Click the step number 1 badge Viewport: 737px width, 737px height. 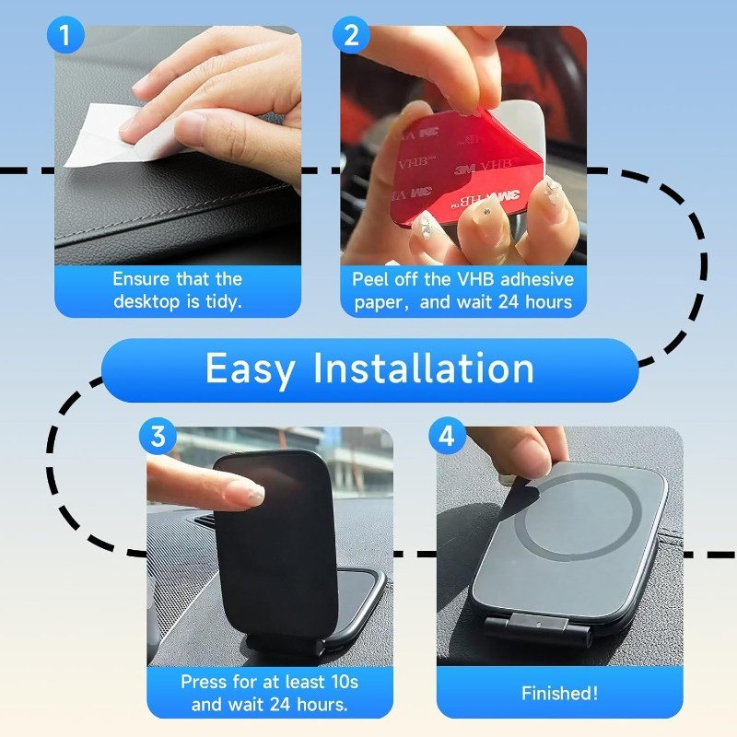tap(65, 37)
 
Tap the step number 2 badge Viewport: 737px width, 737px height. tap(351, 37)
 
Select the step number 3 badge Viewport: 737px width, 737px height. tap(158, 436)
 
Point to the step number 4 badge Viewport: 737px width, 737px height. tap(447, 436)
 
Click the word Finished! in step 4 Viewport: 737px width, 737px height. tap(559, 694)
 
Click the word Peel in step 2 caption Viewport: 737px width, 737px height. tap(370, 279)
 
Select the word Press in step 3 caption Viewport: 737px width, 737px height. tap(204, 683)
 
